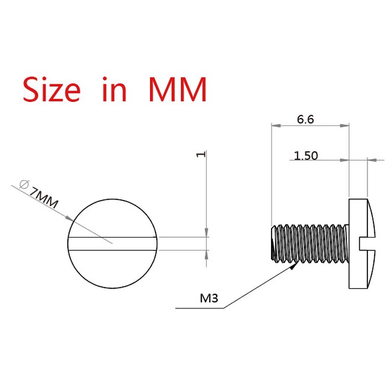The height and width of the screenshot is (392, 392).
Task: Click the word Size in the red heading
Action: [51, 89]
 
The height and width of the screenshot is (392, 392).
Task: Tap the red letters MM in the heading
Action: [177, 89]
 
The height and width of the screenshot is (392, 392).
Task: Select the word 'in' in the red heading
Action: [114, 89]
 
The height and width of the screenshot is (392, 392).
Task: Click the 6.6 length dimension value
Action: [305, 120]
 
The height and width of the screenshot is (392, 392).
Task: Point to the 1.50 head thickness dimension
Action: [306, 156]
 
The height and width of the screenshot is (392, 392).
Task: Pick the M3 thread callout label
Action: [209, 298]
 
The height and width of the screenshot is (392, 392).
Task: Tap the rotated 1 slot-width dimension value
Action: [200, 154]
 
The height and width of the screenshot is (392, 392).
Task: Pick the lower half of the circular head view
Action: [113, 269]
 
